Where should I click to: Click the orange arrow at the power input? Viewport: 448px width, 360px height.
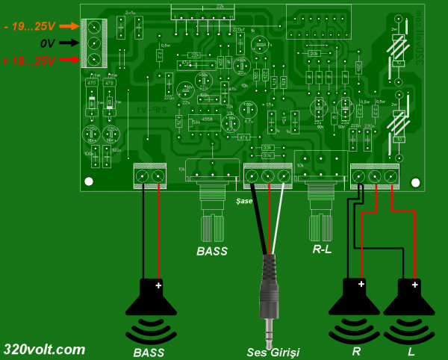68,27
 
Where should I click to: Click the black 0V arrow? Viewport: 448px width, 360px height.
68,43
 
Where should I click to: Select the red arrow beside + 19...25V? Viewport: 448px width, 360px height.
68,59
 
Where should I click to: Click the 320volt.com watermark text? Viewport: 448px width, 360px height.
44,349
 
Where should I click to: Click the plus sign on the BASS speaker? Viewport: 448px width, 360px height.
158,285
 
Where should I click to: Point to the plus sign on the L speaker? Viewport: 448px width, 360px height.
416,284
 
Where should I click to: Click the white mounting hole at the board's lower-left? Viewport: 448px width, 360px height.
89,181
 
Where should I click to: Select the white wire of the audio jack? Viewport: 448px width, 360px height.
278,217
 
